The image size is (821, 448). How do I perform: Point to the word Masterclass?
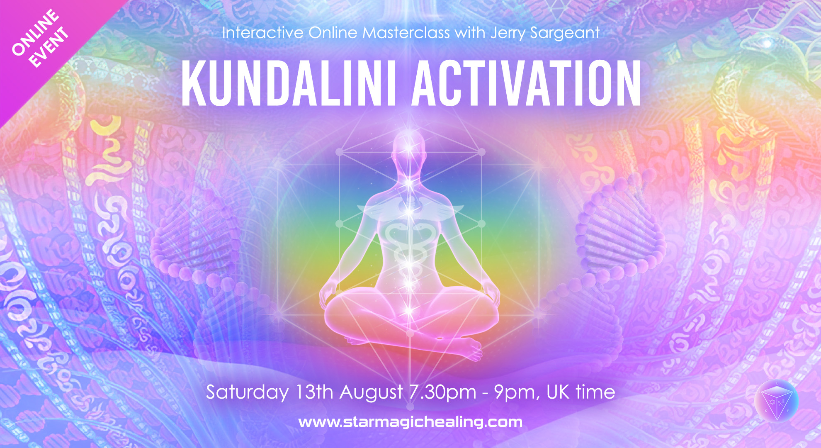click(406, 32)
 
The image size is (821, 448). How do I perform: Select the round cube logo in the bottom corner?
click(776, 401)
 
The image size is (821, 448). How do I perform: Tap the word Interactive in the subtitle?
click(262, 33)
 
